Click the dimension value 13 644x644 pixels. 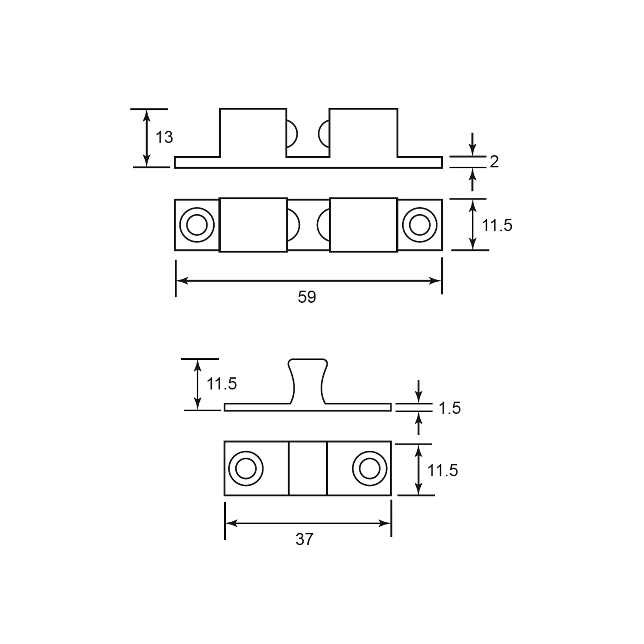point(164,137)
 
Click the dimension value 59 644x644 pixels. point(307,297)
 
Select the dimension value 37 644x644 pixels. point(304,539)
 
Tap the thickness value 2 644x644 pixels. point(494,162)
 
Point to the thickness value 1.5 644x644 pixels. point(450,408)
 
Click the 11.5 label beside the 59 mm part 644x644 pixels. point(497,225)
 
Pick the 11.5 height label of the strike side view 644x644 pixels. point(222,384)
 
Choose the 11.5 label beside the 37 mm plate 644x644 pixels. point(443,471)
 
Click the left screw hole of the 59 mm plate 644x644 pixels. point(197,225)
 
